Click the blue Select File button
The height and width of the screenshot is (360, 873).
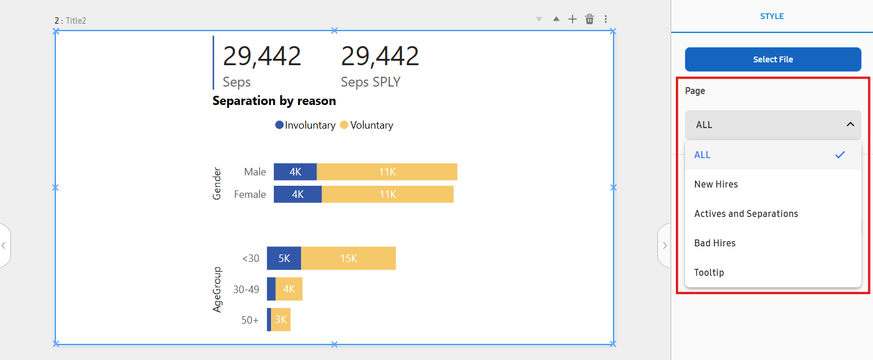click(x=773, y=59)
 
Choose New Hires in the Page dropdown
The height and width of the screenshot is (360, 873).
click(x=716, y=184)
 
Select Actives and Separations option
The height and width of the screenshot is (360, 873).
click(x=746, y=213)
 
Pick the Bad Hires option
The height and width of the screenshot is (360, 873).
click(x=714, y=243)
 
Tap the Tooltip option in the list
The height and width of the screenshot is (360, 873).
click(x=709, y=272)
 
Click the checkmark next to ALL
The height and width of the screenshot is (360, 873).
click(x=840, y=155)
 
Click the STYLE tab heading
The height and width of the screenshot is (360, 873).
click(x=772, y=16)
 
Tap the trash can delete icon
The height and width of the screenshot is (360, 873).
click(x=589, y=20)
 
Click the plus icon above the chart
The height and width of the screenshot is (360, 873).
click(x=572, y=20)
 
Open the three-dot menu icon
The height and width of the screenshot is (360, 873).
click(x=605, y=20)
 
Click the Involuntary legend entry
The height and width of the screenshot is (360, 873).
click(x=305, y=125)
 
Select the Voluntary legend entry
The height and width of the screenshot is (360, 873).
click(x=367, y=125)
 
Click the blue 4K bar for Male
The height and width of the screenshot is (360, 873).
click(x=295, y=172)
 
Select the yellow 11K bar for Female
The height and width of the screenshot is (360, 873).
click(x=387, y=194)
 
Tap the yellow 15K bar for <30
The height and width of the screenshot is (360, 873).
click(x=348, y=258)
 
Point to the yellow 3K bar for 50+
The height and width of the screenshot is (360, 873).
click(x=281, y=320)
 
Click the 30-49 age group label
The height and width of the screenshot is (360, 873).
click(x=246, y=289)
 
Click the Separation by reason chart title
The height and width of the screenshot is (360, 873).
click(x=274, y=101)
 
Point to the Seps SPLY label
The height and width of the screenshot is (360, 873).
click(x=370, y=82)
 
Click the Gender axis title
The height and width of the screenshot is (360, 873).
click(x=217, y=183)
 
